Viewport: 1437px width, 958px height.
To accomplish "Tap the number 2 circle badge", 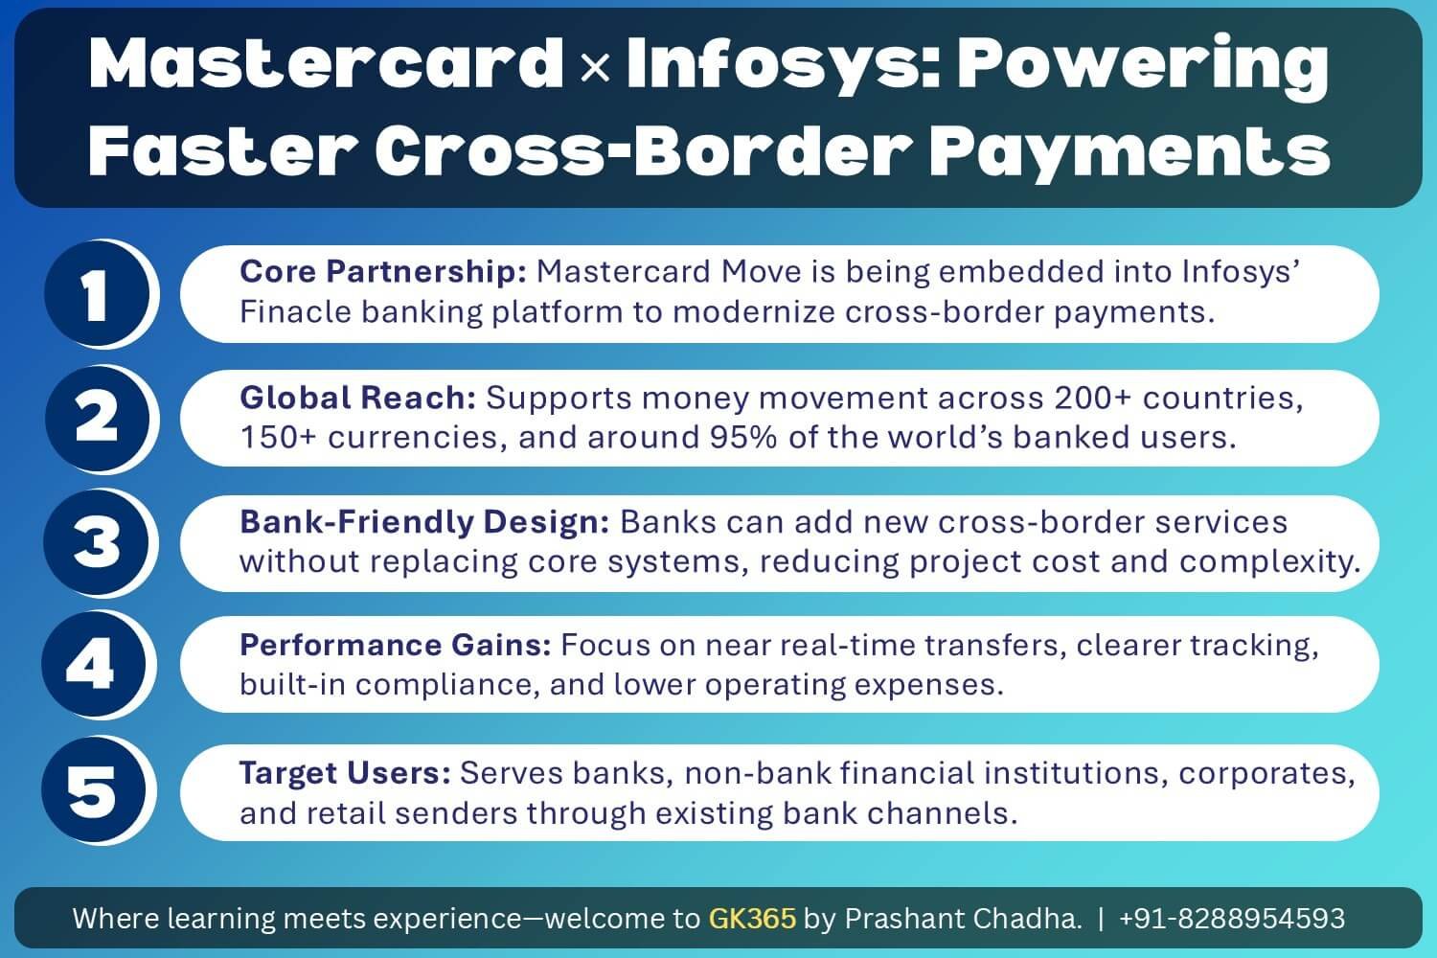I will pos(95,419).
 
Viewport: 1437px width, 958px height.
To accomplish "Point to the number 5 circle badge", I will pos(93,790).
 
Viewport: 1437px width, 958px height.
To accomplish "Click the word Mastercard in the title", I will pos(326,64).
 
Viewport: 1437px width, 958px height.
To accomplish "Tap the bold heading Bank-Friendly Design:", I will pos(424,522).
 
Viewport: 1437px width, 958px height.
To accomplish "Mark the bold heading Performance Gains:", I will pos(395,646).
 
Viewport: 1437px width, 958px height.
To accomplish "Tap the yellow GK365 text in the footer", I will pos(752,919).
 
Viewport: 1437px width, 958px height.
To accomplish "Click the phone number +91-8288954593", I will pos(1231,919).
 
